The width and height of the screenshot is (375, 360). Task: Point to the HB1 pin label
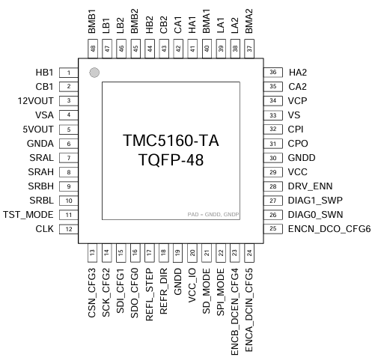(44, 73)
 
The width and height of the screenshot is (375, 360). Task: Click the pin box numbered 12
(69, 229)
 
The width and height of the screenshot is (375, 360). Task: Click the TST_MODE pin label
(28, 215)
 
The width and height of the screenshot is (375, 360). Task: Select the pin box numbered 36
(273, 73)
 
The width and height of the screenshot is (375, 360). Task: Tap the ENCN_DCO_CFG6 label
(329, 229)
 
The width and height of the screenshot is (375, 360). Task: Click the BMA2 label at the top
(249, 19)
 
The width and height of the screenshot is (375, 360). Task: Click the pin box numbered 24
(249, 253)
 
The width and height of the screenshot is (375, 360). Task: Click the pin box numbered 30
(273, 158)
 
